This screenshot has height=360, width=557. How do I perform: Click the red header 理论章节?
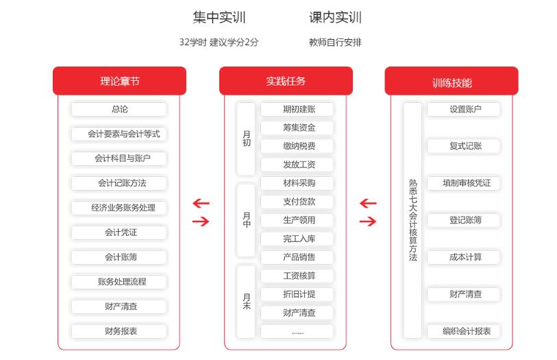click(x=119, y=81)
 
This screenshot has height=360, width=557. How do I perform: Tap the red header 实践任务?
click(x=286, y=81)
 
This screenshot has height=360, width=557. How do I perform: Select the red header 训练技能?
click(x=451, y=81)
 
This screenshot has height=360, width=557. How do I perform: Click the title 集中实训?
click(x=219, y=17)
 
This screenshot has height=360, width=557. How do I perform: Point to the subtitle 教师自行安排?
click(x=335, y=43)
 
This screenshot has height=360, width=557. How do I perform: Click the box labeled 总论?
click(x=119, y=109)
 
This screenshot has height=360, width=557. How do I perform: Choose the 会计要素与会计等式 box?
click(x=119, y=134)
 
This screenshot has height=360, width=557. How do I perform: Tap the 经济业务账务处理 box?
click(x=119, y=208)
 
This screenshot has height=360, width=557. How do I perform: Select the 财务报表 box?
click(x=119, y=331)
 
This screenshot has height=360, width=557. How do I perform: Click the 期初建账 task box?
click(x=297, y=109)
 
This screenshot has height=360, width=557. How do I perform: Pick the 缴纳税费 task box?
click(x=297, y=146)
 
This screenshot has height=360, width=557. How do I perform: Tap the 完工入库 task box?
click(x=297, y=239)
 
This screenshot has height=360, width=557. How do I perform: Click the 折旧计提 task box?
click(x=297, y=294)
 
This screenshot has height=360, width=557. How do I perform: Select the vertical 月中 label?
click(x=246, y=220)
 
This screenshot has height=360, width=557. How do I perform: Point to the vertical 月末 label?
click(x=246, y=301)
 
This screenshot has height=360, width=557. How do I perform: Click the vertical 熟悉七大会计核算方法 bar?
click(x=412, y=220)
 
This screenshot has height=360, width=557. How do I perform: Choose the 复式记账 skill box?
click(x=464, y=146)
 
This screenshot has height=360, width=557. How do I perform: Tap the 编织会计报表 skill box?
click(x=464, y=331)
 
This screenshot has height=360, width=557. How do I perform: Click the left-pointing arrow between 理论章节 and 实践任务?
click(x=201, y=204)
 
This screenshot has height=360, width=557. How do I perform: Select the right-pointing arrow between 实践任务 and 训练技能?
click(x=368, y=221)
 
